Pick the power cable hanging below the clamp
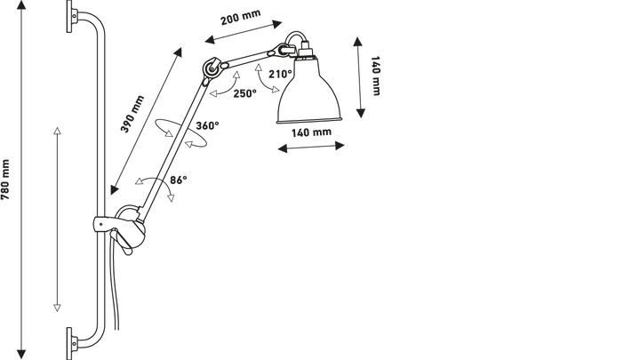click(113, 276)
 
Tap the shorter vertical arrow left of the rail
click(58, 218)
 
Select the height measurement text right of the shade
click(376, 76)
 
